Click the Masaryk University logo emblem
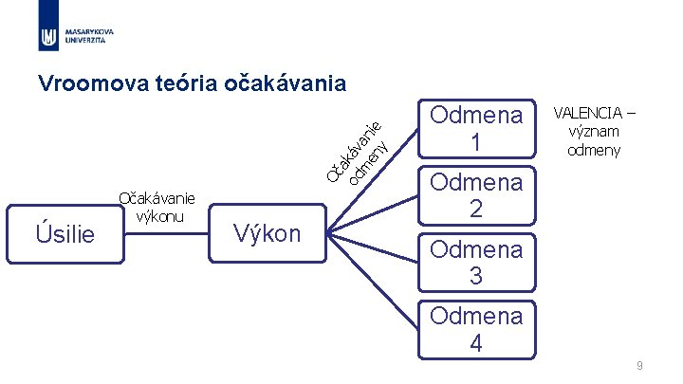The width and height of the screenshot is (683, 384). (48, 36)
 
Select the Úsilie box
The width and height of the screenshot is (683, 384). (65, 231)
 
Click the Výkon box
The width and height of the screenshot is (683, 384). (267, 233)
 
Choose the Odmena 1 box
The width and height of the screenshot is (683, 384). (476, 128)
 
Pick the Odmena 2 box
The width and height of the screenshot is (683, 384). (476, 195)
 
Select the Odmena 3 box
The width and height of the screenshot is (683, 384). (476, 262)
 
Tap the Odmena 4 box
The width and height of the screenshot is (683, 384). (476, 329)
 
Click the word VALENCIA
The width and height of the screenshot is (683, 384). (595, 115)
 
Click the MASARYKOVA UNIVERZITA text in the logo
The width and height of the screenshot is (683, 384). (89, 36)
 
